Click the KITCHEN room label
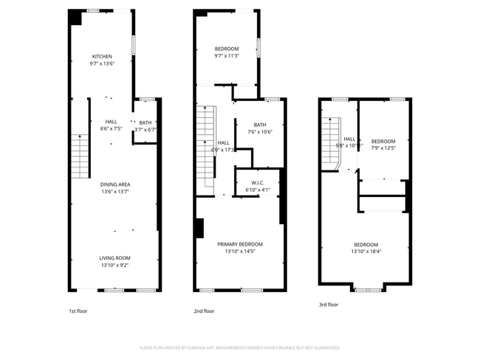click(102, 57)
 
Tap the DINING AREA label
click(114, 184)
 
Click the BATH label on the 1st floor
click(145, 122)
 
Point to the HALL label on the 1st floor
click(111, 122)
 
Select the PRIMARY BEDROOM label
click(239, 244)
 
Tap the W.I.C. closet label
click(258, 183)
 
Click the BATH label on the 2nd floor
click(260, 125)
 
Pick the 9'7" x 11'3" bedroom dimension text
click(227, 56)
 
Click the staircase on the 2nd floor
click(205, 148)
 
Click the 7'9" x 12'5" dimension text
click(383, 148)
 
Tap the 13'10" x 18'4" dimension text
click(366, 252)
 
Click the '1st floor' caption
click(78, 311)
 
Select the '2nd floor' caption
click(204, 311)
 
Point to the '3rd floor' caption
click(329, 304)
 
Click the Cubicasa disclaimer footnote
click(239, 347)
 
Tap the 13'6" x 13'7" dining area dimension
click(114, 192)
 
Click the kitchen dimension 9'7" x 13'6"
click(102, 63)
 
